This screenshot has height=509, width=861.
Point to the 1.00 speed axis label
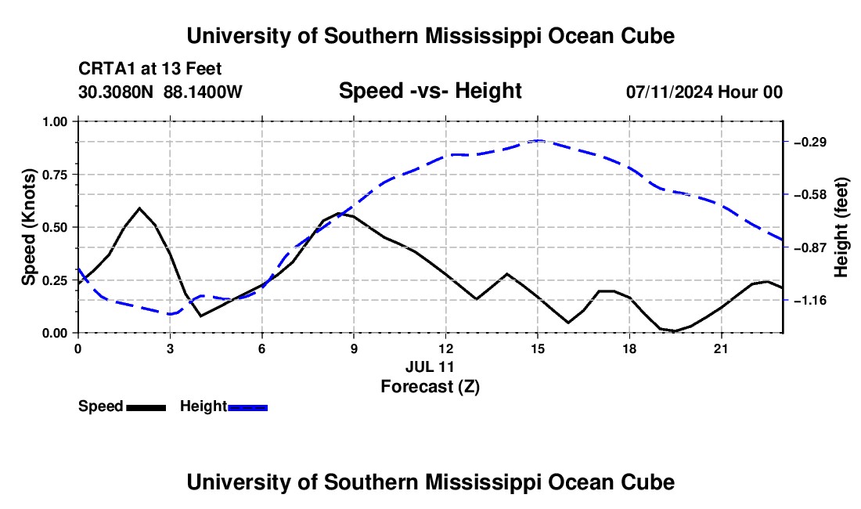pyautogui.click(x=54, y=121)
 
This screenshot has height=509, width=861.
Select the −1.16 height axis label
pyautogui.click(x=810, y=301)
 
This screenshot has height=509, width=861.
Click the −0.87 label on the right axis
pyautogui.click(x=810, y=247)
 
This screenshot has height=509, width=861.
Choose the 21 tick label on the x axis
pyautogui.click(x=721, y=348)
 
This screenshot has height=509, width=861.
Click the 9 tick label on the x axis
pyautogui.click(x=354, y=348)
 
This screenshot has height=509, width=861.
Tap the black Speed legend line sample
pyautogui.click(x=146, y=407)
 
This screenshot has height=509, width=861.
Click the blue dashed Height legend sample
pyautogui.click(x=247, y=407)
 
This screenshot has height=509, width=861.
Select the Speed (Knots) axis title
pyautogui.click(x=28, y=227)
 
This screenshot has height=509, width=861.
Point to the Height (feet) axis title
pyautogui.click(x=841, y=227)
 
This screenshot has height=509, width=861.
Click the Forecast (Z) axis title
pyautogui.click(x=430, y=387)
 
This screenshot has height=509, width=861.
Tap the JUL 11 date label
pyautogui.click(x=430, y=366)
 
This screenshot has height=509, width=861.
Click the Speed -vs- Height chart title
pyautogui.click(x=430, y=91)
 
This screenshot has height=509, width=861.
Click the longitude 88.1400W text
pyautogui.click(x=203, y=92)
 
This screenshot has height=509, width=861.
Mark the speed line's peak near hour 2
pyautogui.click(x=139, y=208)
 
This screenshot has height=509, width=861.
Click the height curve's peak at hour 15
pyautogui.click(x=539, y=141)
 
